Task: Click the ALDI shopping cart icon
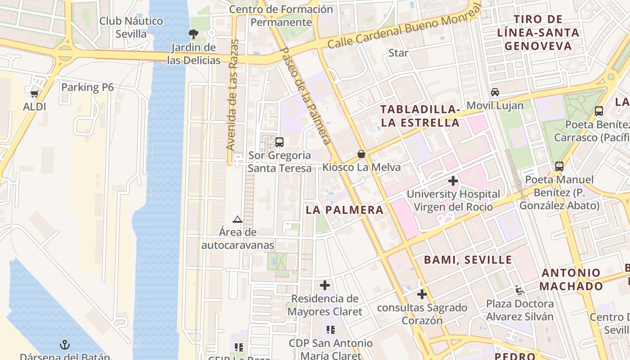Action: (x=34, y=94)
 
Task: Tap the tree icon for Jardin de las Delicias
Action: (x=193, y=34)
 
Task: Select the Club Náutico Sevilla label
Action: (x=131, y=27)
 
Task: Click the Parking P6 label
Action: (x=87, y=87)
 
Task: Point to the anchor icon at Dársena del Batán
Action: (x=65, y=345)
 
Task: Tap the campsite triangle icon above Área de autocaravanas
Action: (x=238, y=219)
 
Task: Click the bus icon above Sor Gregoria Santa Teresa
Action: (x=279, y=142)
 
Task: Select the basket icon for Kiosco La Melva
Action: (x=361, y=154)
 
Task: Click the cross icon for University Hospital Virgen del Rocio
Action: (x=453, y=181)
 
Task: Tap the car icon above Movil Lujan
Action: (x=495, y=92)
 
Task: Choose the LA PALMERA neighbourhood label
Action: (x=345, y=210)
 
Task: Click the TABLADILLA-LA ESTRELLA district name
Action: (x=420, y=116)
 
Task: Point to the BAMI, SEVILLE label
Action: (x=468, y=260)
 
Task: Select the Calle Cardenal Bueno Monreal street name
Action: (x=404, y=26)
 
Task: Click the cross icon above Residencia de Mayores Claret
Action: (x=324, y=285)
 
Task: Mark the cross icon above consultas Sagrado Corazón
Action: (x=422, y=294)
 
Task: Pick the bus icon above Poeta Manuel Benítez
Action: (x=559, y=166)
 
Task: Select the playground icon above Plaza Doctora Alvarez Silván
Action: (x=520, y=290)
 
